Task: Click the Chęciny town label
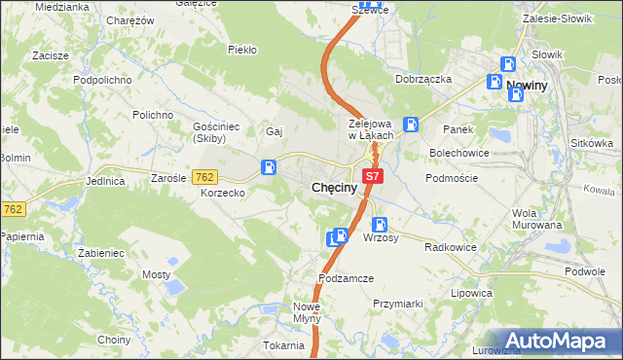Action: (338, 186)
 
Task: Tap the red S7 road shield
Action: (374, 176)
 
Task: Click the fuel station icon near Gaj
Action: (268, 167)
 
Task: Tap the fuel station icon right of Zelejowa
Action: (412, 124)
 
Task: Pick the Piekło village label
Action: (241, 49)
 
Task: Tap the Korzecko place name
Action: (223, 194)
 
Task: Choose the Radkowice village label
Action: (450, 247)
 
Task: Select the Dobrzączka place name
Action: (423, 79)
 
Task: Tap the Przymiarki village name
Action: (397, 304)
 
